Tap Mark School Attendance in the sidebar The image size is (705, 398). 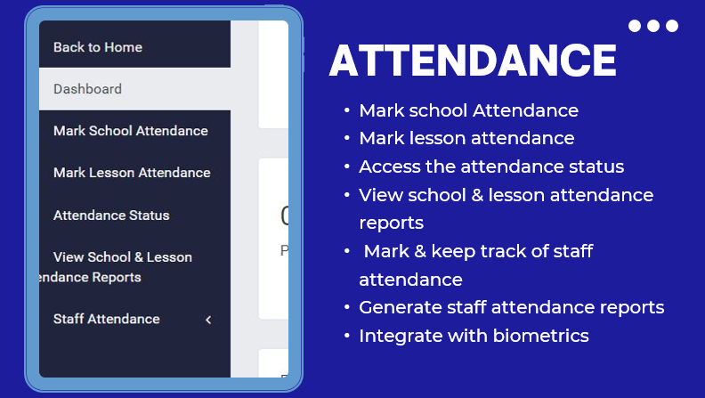[131, 131]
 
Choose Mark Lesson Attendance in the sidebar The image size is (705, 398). [132, 173]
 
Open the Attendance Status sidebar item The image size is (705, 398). [111, 215]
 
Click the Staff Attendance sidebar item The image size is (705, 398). [107, 319]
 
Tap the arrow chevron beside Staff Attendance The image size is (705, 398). [208, 320]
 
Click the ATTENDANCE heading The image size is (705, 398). [473, 61]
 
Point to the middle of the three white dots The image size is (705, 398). [653, 26]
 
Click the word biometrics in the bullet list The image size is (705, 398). [541, 336]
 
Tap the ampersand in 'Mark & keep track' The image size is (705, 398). [420, 251]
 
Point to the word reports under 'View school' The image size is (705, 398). [391, 223]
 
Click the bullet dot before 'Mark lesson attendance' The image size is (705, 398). [346, 138]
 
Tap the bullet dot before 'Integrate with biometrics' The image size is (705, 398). [346, 336]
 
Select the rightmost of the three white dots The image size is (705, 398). [672, 26]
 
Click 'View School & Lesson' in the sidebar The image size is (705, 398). [123, 257]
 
